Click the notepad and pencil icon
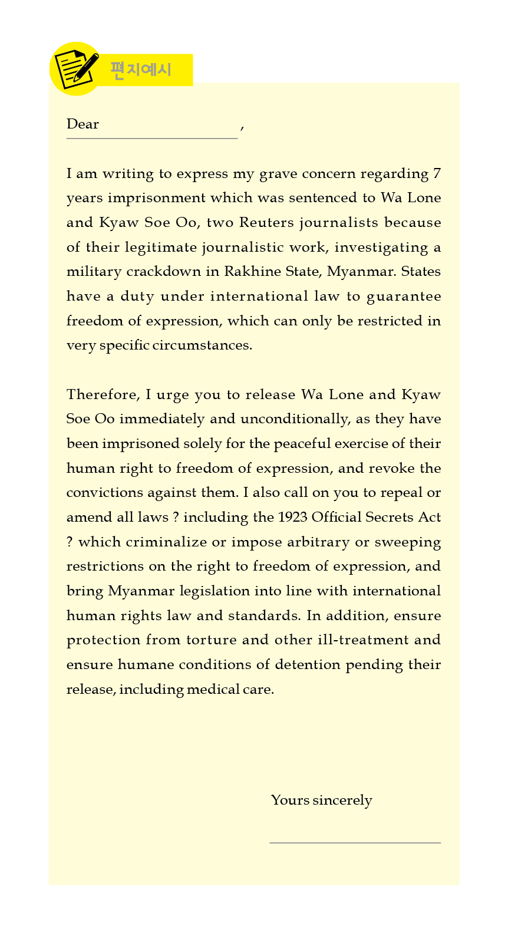pos(75,68)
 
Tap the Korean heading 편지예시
pos(141,70)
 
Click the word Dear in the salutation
pos(83,124)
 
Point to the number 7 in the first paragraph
pos(437,173)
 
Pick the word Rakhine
pos(245,271)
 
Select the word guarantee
pos(404,297)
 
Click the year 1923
pos(292,517)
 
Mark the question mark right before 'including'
pos(176,517)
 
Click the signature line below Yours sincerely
pos(355,842)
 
